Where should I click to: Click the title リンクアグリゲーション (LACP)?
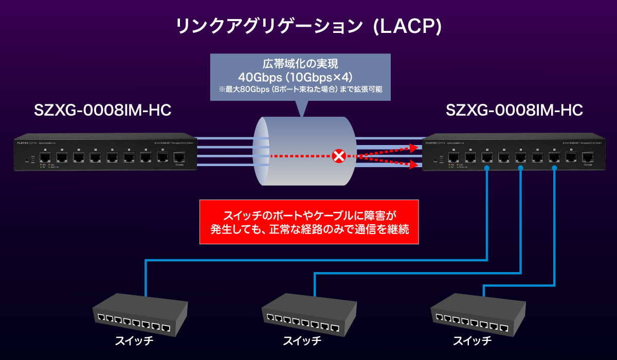pyautogui.click(x=308, y=26)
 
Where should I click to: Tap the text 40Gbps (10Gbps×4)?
pyautogui.click(x=301, y=78)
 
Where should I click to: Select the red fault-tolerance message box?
pyautogui.click(x=309, y=222)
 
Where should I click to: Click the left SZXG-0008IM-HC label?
pyautogui.click(x=102, y=110)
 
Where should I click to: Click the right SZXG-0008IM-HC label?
pyautogui.click(x=514, y=110)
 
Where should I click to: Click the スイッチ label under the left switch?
pyautogui.click(x=134, y=340)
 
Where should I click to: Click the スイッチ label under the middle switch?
pyautogui.click(x=303, y=340)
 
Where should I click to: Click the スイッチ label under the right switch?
pyautogui.click(x=472, y=340)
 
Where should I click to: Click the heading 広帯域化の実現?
pyautogui.click(x=301, y=65)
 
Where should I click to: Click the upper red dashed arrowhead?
pyautogui.click(x=413, y=147)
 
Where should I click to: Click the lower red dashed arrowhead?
pyautogui.click(x=413, y=165)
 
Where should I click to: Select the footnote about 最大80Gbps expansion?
pyautogui.click(x=301, y=90)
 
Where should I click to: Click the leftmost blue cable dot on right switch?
pyautogui.click(x=486, y=168)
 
